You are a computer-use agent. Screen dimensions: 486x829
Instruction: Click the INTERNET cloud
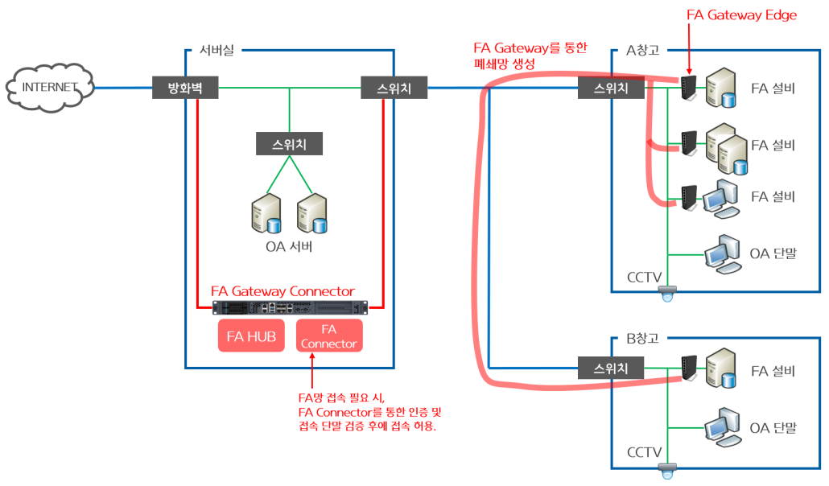(x=49, y=87)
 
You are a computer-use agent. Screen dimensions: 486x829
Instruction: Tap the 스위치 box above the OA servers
(x=289, y=145)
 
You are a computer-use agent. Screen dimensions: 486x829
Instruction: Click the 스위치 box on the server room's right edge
(x=394, y=87)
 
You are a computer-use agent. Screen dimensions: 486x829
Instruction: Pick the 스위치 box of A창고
(x=611, y=87)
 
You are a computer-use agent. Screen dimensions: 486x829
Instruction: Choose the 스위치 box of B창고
(x=611, y=369)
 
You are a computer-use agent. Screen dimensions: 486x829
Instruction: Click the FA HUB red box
(x=251, y=336)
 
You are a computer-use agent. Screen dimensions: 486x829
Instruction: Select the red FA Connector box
(x=328, y=336)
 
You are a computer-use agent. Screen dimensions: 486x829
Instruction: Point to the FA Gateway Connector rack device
(x=290, y=307)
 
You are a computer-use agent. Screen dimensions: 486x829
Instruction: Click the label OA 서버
(x=288, y=246)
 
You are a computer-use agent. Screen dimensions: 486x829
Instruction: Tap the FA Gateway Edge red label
(x=741, y=15)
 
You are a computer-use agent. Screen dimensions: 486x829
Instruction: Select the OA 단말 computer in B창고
(x=720, y=427)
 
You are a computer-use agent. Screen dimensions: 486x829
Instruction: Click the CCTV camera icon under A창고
(x=666, y=294)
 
